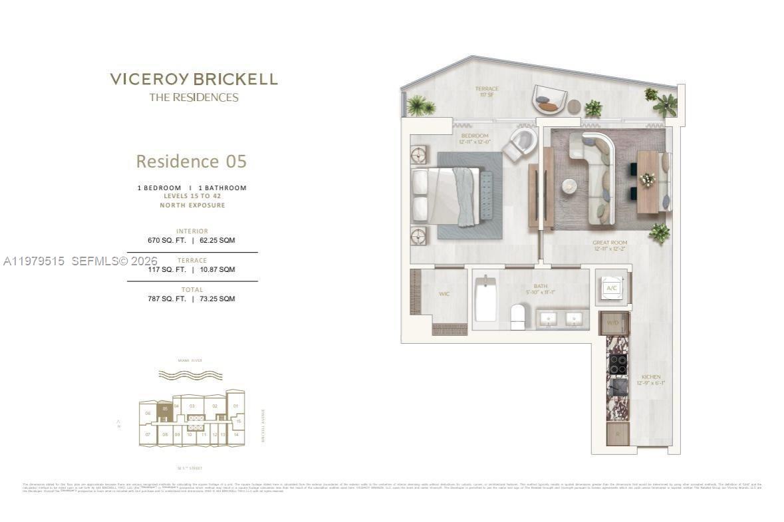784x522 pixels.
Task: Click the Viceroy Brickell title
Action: click(x=194, y=79)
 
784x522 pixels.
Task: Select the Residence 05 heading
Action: click(x=192, y=162)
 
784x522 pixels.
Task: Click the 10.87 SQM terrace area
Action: click(x=217, y=269)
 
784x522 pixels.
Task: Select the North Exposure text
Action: click(x=192, y=205)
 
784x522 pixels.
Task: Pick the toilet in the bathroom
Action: click(x=519, y=317)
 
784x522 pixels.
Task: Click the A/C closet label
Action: click(x=612, y=287)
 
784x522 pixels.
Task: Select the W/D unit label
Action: click(x=612, y=323)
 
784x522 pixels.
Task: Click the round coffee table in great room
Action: click(x=569, y=186)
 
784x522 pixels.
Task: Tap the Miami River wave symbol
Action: click(x=190, y=375)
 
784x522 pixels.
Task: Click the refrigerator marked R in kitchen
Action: click(x=617, y=434)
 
